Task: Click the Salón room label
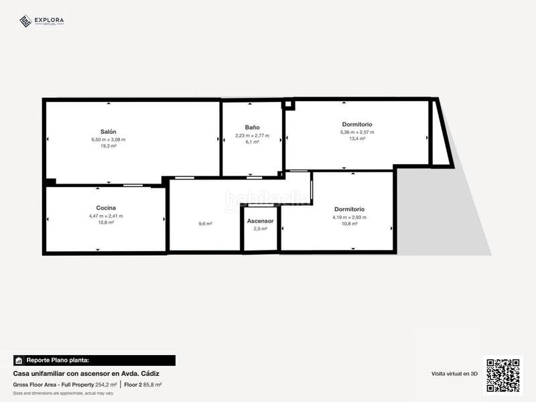109,132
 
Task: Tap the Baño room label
252,127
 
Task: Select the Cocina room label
106,208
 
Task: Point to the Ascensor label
260,220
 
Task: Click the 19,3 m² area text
109,146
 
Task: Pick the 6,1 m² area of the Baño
252,142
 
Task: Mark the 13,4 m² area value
357,139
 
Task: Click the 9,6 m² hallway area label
205,224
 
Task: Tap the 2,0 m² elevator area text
260,228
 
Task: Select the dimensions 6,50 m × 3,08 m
109,139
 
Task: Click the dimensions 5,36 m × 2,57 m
357,132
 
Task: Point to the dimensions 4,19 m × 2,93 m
349,217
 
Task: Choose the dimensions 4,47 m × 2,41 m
106,216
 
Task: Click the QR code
503,375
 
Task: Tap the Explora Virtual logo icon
25,21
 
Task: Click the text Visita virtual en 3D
454,373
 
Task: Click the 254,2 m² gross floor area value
106,385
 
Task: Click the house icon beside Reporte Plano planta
19,360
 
